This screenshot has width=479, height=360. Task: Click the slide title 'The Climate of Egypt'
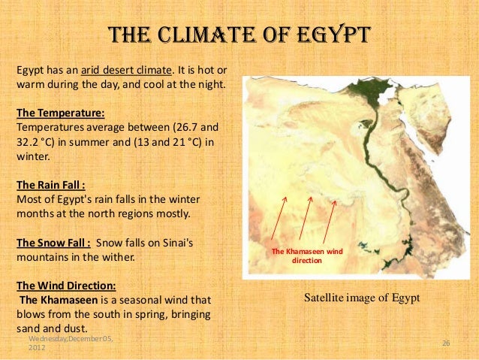coord(239,35)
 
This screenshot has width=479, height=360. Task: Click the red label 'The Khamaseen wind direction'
coord(306,256)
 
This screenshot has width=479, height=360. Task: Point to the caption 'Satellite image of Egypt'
coord(361,298)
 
